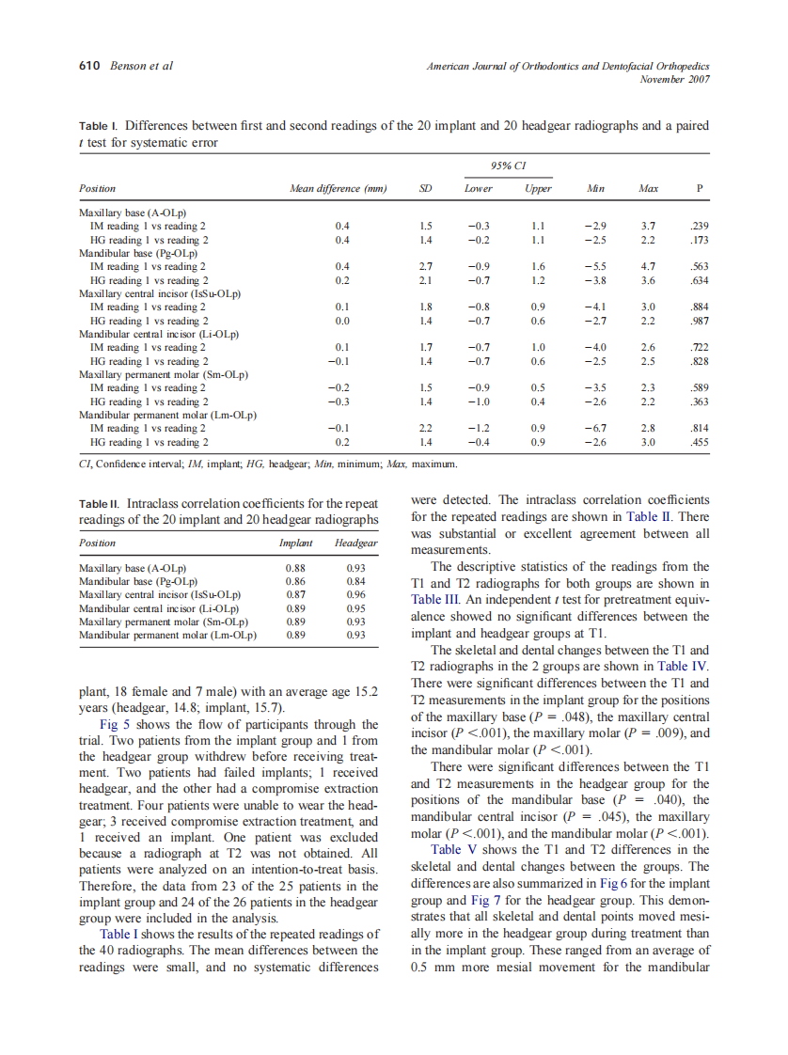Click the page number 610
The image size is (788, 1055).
[91, 66]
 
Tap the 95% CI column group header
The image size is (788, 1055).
[508, 166]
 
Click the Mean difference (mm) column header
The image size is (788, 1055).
[339, 189]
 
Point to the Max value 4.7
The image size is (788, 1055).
[647, 266]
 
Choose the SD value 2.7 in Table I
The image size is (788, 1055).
[425, 266]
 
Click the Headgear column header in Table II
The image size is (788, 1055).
[355, 543]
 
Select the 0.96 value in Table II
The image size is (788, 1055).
[355, 595]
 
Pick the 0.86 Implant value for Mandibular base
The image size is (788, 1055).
[295, 582]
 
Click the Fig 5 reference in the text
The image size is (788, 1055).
[116, 725]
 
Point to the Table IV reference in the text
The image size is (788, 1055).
[681, 667]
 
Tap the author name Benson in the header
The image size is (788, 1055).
[129, 66]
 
